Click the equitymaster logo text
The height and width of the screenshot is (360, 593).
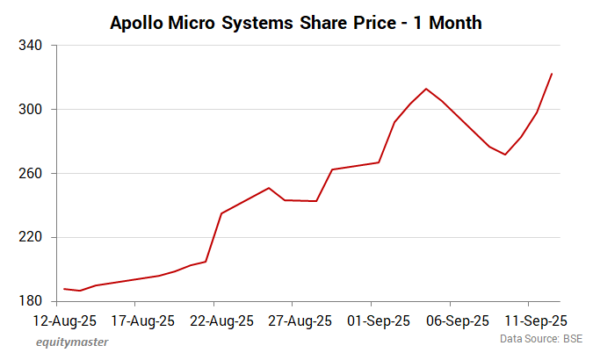[72, 342]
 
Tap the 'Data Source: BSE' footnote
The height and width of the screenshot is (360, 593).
[542, 338]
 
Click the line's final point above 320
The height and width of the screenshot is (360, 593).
[551, 74]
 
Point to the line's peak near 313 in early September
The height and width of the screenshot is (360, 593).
[426, 89]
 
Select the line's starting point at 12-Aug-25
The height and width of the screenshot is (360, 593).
[64, 289]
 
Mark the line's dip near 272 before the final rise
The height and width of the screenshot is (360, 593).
[505, 155]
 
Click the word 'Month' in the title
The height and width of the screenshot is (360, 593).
[450, 24]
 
